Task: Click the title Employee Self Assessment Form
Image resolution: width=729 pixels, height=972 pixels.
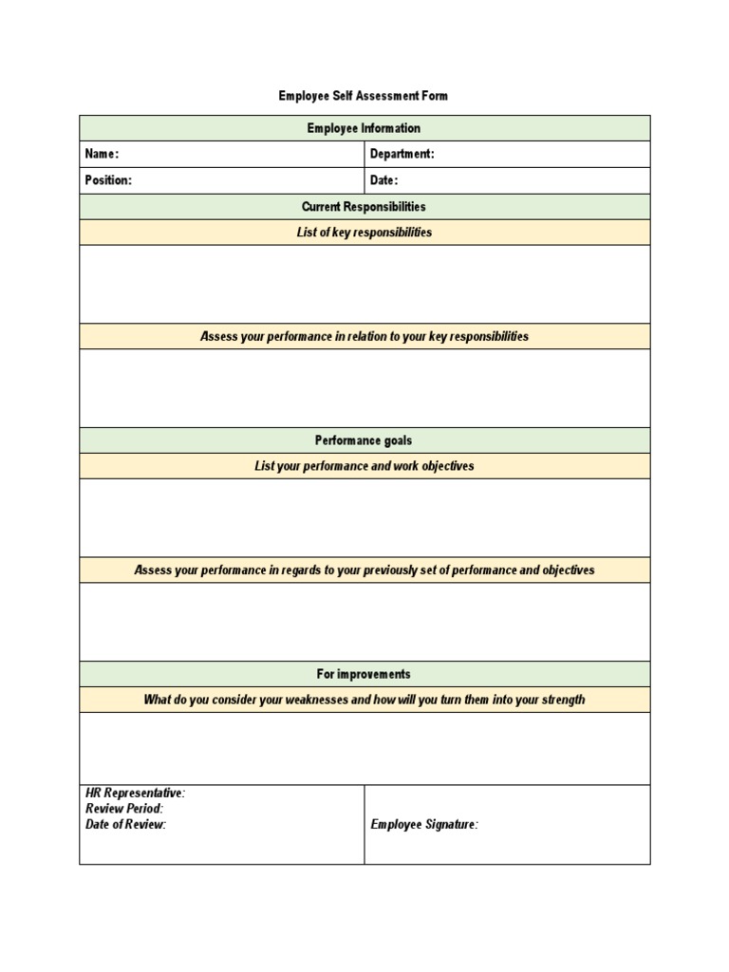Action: coord(364,96)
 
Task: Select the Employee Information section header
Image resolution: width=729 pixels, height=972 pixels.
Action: coord(364,128)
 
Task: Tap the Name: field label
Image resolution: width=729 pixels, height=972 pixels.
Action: coord(103,155)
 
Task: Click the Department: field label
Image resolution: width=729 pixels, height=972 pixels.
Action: coord(402,155)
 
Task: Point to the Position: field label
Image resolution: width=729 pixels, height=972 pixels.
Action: coord(108,180)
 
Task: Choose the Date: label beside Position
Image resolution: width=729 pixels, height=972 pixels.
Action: coord(384,180)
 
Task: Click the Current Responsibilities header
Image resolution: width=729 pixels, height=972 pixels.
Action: coord(364,207)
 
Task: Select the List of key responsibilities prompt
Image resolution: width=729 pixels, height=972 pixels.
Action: coord(364,233)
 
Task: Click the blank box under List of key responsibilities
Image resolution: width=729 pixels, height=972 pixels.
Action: coord(364,284)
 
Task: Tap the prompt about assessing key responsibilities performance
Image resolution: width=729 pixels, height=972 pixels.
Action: coord(364,337)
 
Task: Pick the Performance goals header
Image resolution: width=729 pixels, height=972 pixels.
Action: coord(364,440)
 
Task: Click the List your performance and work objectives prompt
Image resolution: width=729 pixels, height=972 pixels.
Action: coord(364,466)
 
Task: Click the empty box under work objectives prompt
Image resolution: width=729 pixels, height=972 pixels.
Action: coord(364,517)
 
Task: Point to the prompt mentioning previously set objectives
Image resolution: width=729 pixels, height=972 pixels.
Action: coord(364,570)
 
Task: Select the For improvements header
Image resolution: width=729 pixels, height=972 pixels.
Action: coord(364,674)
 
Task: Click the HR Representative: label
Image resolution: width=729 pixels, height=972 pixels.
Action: coord(136,794)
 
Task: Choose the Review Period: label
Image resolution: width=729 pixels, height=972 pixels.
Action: coord(124,809)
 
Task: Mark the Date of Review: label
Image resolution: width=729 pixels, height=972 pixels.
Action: coord(126,825)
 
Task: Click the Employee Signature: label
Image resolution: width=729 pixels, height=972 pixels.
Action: coord(424,825)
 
